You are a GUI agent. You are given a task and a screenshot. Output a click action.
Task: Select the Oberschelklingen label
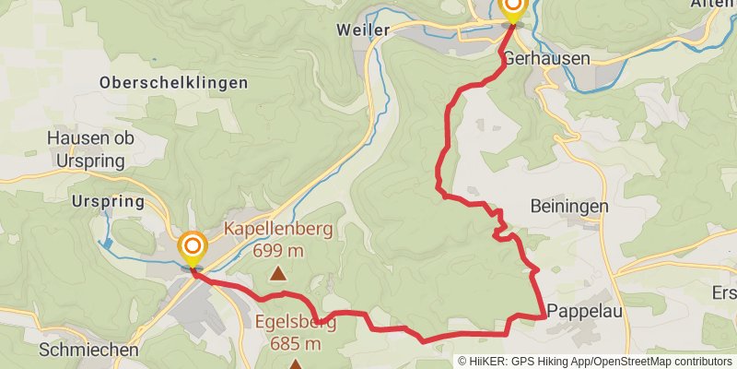(173, 83)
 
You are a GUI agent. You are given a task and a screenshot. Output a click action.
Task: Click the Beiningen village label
(568, 207)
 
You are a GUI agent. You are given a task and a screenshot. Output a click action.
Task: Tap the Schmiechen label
(88, 351)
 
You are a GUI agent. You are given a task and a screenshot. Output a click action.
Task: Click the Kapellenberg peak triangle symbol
(277, 273)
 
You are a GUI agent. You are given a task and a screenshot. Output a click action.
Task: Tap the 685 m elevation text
(296, 344)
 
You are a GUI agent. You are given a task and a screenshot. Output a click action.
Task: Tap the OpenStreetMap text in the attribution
(636, 361)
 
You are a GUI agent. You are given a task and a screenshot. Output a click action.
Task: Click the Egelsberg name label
(296, 324)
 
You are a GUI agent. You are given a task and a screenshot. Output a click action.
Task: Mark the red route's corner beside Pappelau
(541, 316)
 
